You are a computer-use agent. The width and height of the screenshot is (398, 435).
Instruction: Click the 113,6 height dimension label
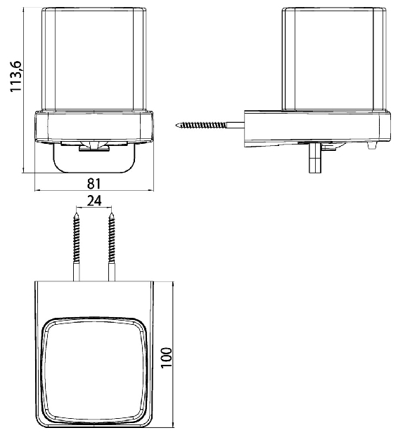tap(15, 76)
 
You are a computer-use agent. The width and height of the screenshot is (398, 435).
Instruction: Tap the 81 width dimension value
tap(94, 184)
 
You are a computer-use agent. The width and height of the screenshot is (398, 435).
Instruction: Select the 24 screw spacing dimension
tap(94, 201)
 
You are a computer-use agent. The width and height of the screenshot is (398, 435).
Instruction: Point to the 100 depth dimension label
tap(167, 358)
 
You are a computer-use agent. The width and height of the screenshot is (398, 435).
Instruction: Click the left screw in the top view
tap(76, 247)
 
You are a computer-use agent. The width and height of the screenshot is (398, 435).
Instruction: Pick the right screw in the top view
tap(112, 247)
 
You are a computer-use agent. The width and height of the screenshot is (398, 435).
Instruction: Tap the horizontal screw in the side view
tap(210, 125)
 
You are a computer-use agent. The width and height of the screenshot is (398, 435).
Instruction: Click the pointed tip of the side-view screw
tap(176, 125)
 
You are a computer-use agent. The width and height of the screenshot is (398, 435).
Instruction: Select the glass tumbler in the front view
tap(94, 60)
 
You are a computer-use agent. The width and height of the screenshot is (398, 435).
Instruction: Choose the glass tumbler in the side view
tap(334, 60)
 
